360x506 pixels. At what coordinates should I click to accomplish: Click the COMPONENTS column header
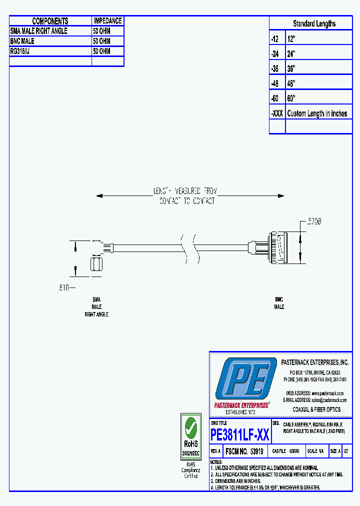tap(50, 21)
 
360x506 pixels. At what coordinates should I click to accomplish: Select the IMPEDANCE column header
tap(107, 21)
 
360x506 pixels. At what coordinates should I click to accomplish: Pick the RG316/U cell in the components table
tap(20, 51)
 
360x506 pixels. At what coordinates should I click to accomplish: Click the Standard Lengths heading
tap(314, 23)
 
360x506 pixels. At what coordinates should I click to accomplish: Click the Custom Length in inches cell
tap(317, 113)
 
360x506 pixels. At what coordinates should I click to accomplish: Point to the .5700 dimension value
tap(313, 220)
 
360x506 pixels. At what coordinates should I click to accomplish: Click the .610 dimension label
tap(63, 287)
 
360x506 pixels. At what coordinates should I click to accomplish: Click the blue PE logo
tap(243, 379)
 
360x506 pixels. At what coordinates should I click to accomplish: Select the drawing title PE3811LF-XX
tap(240, 435)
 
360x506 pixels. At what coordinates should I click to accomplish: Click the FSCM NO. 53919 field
tap(244, 451)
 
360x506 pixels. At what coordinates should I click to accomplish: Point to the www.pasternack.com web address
tap(328, 393)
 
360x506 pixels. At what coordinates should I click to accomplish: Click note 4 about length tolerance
tap(265, 487)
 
